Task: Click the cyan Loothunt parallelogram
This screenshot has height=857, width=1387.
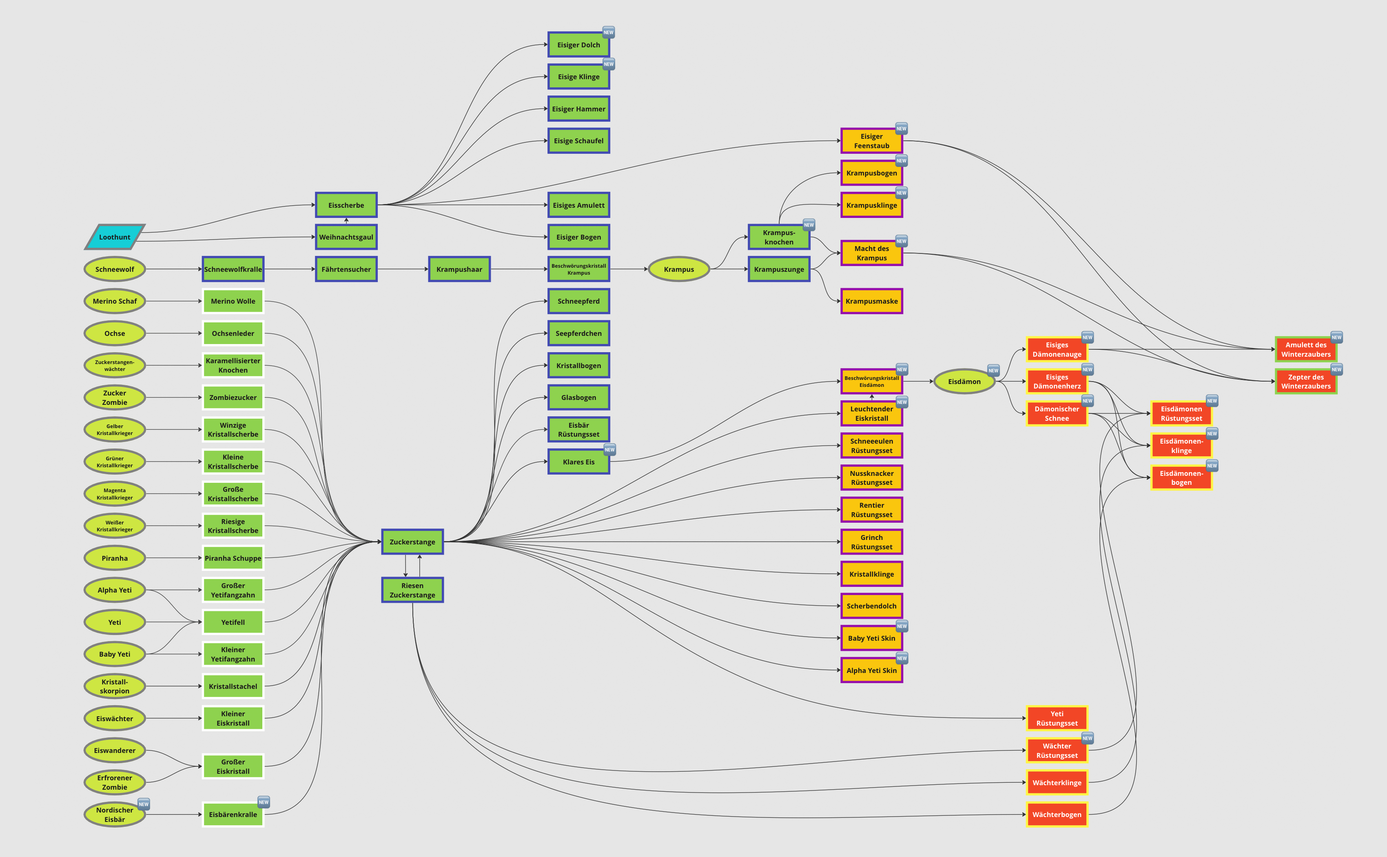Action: point(115,237)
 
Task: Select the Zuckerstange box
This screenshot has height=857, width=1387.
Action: point(412,542)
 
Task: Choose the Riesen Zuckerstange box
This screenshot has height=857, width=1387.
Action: point(412,590)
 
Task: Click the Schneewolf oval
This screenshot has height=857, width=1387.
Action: point(115,269)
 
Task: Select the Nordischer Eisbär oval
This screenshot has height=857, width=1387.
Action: point(115,815)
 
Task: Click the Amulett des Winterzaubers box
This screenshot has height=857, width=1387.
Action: point(1305,350)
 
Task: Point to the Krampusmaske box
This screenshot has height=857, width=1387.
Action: point(871,301)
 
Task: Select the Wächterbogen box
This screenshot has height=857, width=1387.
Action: point(1057,815)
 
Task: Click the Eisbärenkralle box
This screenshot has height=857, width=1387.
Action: point(233,815)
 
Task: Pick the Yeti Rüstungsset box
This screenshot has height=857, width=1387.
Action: point(1057,718)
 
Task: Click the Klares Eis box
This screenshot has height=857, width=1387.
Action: point(578,462)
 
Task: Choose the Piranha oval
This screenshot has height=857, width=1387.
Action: point(115,558)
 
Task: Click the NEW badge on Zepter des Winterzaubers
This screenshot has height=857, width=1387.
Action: point(1336,370)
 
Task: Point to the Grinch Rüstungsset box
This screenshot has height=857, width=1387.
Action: point(871,542)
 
